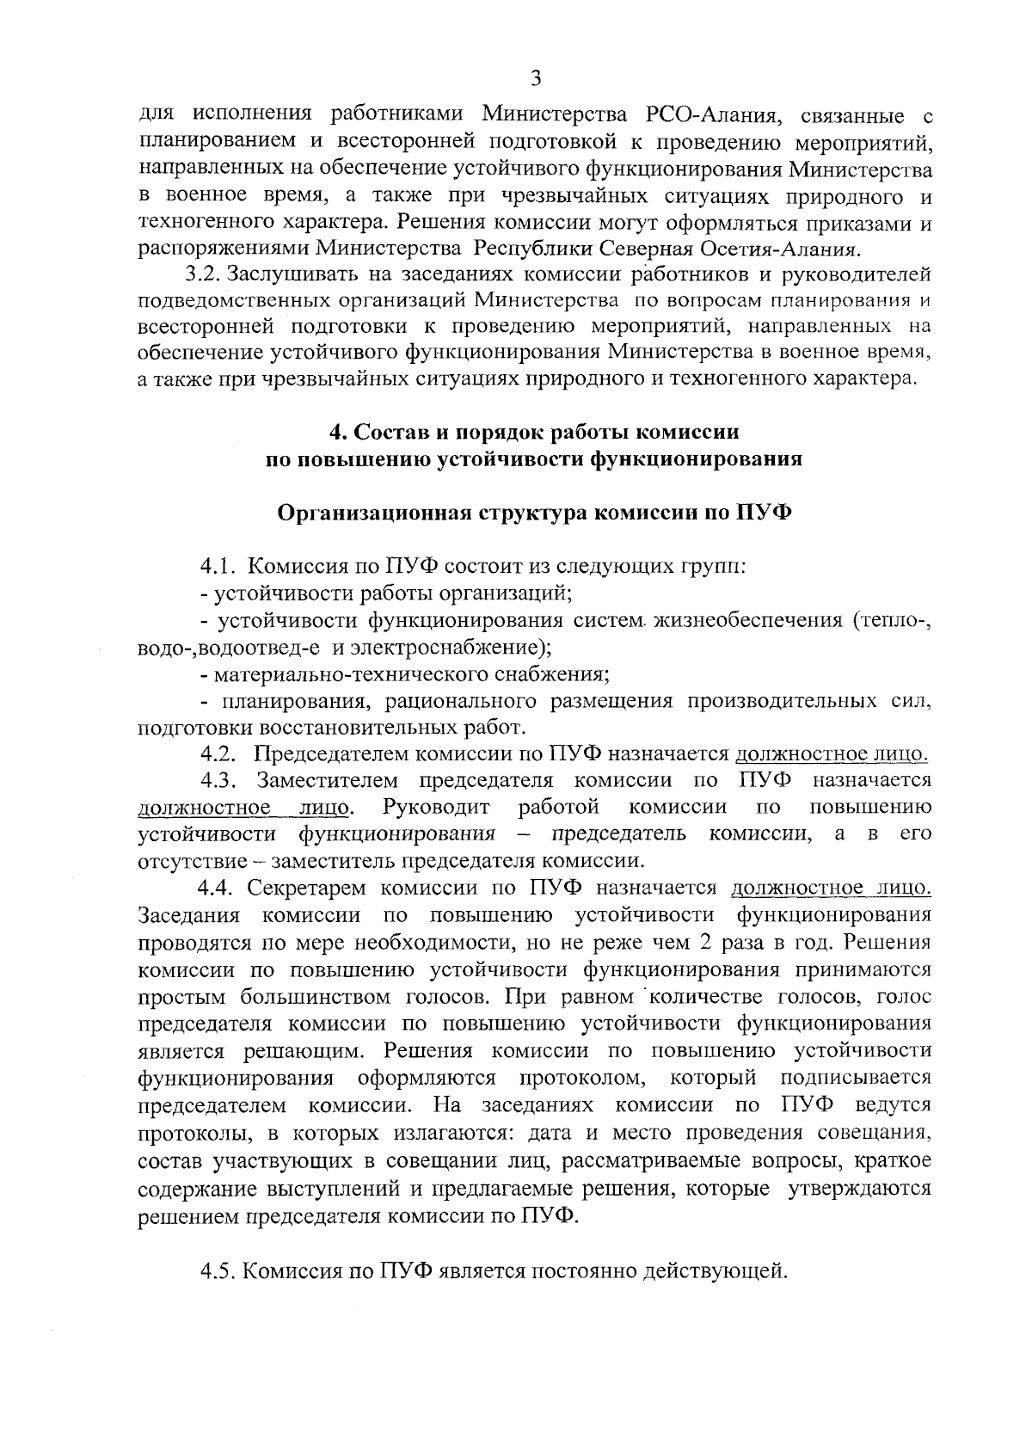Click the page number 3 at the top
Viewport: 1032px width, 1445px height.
point(536,79)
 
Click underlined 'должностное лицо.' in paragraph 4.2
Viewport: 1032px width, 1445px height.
point(832,754)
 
